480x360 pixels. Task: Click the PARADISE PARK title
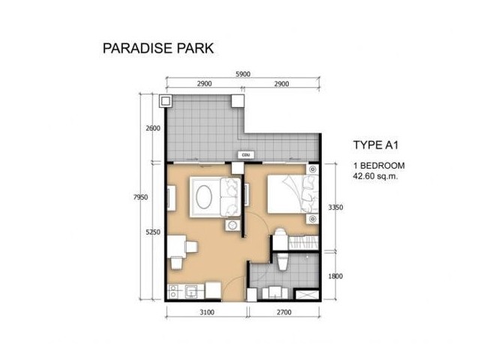(x=158, y=48)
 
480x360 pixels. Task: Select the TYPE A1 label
(x=376, y=145)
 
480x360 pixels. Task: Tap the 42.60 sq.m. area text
(x=375, y=176)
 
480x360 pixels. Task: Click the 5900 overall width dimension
(x=243, y=74)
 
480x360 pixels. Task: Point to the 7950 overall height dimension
(x=140, y=197)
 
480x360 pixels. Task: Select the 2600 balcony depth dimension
(x=153, y=128)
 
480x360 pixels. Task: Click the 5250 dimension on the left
(x=153, y=232)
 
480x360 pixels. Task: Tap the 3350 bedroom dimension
(x=335, y=208)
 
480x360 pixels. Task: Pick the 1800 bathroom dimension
(x=335, y=277)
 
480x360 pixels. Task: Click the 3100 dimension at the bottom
(x=207, y=313)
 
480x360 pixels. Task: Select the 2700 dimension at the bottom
(x=284, y=313)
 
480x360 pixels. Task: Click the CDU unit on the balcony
(x=246, y=155)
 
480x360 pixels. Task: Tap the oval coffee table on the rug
(x=204, y=197)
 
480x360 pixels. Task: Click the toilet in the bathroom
(x=282, y=262)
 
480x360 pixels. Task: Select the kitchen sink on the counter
(x=192, y=292)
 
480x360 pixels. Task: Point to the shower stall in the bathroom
(x=307, y=295)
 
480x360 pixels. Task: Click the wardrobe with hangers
(x=303, y=242)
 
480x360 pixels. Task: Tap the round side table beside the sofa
(x=232, y=225)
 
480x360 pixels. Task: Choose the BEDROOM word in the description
(x=382, y=166)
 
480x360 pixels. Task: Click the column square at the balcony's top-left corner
(x=165, y=101)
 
